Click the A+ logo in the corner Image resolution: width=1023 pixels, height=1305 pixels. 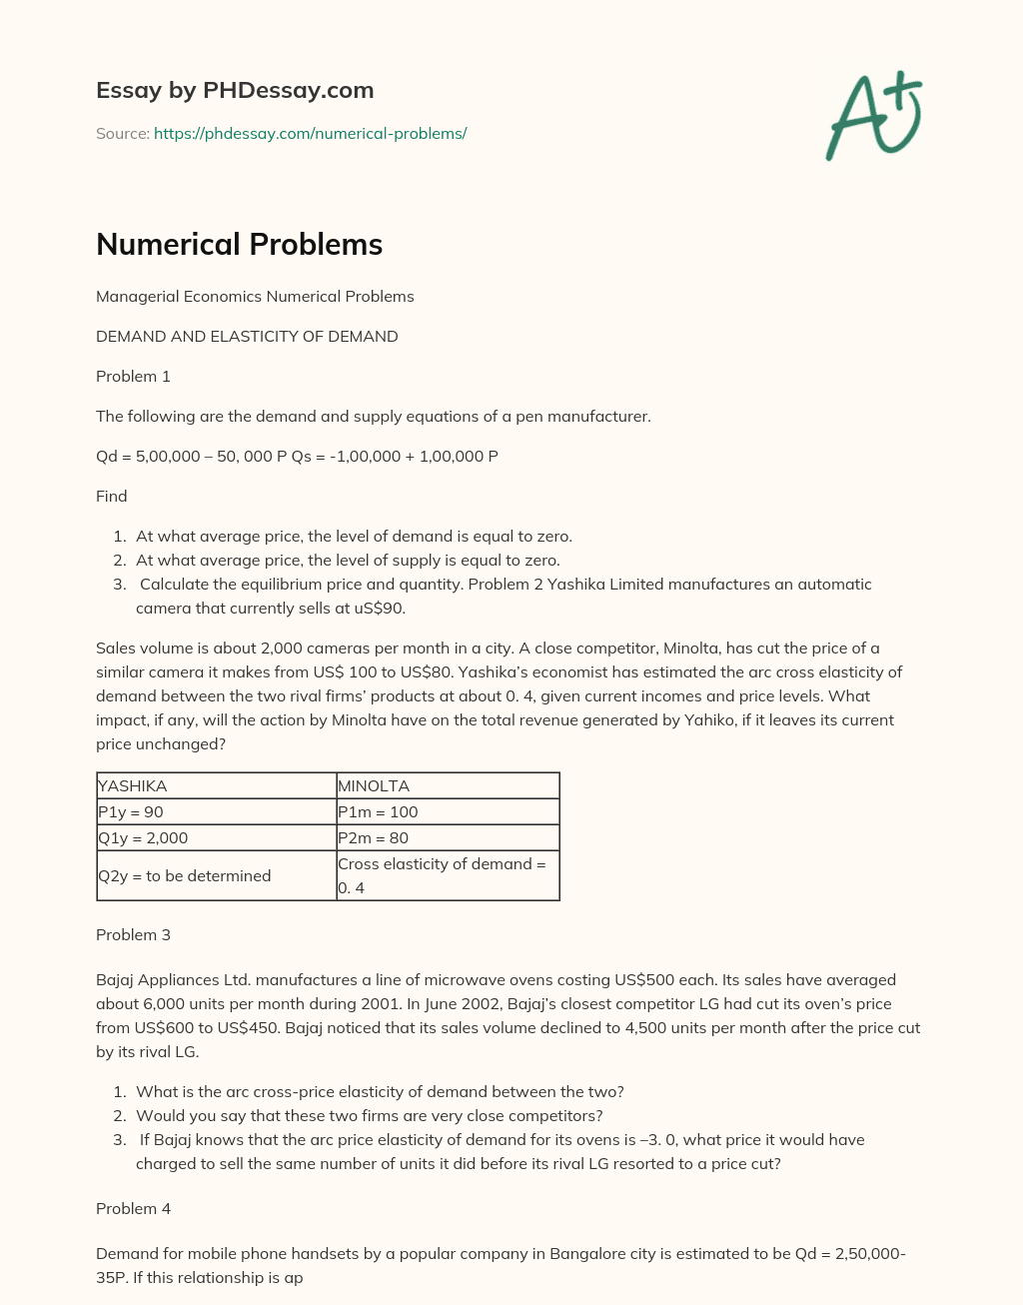point(874,115)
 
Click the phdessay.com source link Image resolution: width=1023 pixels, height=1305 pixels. point(310,133)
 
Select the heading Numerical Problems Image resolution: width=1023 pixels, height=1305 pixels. point(239,244)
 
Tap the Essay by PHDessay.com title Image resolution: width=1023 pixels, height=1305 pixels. point(235,90)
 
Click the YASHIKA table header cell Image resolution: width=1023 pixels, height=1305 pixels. point(216,785)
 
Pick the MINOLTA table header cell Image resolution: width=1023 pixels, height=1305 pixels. point(448,785)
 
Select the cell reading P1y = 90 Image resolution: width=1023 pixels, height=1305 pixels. point(216,811)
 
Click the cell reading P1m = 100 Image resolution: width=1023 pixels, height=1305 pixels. point(448,811)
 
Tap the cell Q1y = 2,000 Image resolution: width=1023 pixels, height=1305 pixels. point(216,837)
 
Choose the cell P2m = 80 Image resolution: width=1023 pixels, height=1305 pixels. point(448,837)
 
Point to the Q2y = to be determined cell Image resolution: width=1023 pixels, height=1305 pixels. point(216,875)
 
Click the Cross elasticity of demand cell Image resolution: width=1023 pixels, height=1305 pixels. point(448,875)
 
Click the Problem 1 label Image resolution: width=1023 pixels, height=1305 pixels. point(133,376)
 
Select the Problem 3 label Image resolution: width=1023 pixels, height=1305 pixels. point(133,934)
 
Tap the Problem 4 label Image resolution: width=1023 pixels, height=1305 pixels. point(133,1208)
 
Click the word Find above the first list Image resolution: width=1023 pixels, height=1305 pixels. point(111,496)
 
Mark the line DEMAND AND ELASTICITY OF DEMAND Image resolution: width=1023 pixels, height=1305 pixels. point(247,336)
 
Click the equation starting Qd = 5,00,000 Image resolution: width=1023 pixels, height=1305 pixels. point(297,456)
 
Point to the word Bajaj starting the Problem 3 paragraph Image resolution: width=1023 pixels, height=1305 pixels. point(116,979)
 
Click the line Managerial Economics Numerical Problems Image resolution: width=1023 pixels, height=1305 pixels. point(255,296)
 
